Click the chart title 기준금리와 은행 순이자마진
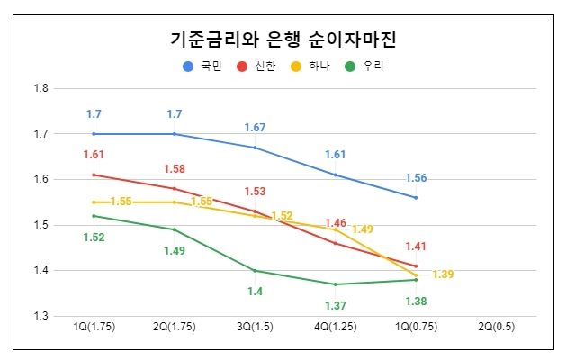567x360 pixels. pos(283,40)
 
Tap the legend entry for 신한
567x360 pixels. pos(256,66)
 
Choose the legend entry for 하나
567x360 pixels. pos(310,66)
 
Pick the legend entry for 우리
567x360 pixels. pos(364,66)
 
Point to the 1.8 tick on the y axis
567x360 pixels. pos(40,88)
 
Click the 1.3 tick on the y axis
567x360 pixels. pos(40,316)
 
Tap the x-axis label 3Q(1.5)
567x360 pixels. pos(255,328)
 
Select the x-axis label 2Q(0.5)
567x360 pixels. pos(497,328)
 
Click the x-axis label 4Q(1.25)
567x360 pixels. pos(335,328)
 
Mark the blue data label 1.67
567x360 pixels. pos(255,129)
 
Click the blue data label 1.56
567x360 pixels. pos(416,177)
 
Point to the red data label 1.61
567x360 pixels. pos(94,155)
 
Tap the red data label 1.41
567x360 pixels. pos(416,246)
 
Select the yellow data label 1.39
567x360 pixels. pos(443,274)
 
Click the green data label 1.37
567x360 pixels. pos(335,305)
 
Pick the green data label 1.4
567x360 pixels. pos(255,291)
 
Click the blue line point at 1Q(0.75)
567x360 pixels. pos(416,197)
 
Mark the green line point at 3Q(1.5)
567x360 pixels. pos(255,270)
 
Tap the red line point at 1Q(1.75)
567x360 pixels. pos(94,175)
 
